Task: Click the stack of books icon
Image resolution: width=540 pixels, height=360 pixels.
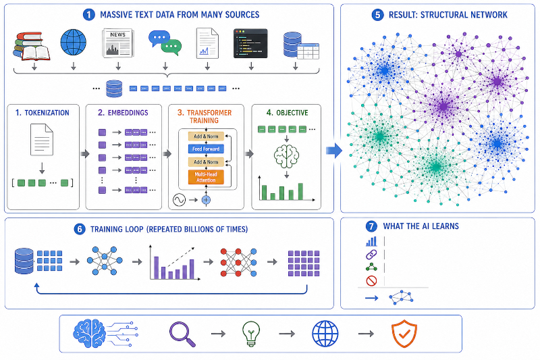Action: (31, 46)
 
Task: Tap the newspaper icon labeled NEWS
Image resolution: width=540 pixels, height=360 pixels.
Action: (117, 43)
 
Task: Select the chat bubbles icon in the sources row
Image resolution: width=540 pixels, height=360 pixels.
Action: (165, 43)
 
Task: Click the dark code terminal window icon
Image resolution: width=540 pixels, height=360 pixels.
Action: (250, 43)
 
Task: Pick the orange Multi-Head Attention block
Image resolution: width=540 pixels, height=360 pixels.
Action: (206, 177)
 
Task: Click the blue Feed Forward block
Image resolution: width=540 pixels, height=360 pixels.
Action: (206, 149)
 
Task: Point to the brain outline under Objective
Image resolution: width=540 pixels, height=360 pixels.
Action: (286, 156)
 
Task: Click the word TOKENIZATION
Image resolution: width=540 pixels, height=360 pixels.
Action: (47, 113)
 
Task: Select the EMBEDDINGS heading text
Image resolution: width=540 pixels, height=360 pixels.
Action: (128, 113)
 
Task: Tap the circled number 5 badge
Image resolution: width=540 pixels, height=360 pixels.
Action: (377, 15)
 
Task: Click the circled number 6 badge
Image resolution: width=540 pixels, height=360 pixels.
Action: (80, 229)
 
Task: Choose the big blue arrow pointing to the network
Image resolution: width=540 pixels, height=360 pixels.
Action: (333, 150)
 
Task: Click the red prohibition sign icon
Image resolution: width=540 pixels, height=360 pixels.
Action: (372, 281)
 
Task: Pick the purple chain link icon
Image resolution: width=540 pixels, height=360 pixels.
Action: (371, 255)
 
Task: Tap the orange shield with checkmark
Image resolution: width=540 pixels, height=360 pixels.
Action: (404, 334)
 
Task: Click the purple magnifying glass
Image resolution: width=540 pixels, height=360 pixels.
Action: (182, 334)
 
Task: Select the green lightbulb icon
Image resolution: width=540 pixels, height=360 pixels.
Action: (251, 334)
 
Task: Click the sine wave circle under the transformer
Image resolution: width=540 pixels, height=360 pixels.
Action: (179, 200)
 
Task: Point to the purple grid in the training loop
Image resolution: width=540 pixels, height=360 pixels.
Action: (304, 263)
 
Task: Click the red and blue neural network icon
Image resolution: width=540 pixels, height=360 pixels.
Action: (238, 263)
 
